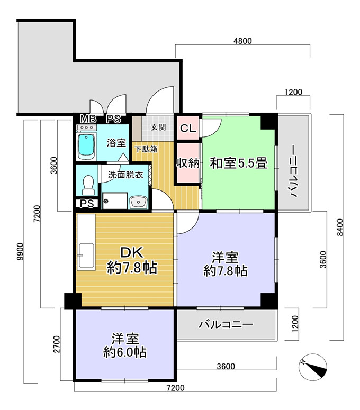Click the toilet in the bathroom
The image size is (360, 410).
[88, 185]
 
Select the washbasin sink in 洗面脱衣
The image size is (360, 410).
[139, 202]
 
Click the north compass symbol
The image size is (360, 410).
[313, 367]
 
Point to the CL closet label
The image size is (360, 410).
[188, 129]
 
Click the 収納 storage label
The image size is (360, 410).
[188, 163]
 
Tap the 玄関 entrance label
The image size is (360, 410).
[158, 127]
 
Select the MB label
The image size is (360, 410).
[88, 119]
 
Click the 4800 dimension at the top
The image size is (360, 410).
[242, 41]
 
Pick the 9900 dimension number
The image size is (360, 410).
[20, 251]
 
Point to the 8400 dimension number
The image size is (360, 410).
[339, 227]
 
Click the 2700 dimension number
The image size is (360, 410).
[57, 344]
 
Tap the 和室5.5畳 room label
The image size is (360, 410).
[239, 163]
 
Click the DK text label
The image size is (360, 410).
[132, 252]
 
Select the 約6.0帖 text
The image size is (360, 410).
[125, 352]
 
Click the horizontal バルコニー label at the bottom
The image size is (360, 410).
[226, 325]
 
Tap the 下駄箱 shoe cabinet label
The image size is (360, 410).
[146, 149]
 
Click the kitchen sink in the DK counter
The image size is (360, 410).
[86, 256]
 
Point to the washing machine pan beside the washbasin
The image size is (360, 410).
[115, 201]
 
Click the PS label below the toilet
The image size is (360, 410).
[87, 204]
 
